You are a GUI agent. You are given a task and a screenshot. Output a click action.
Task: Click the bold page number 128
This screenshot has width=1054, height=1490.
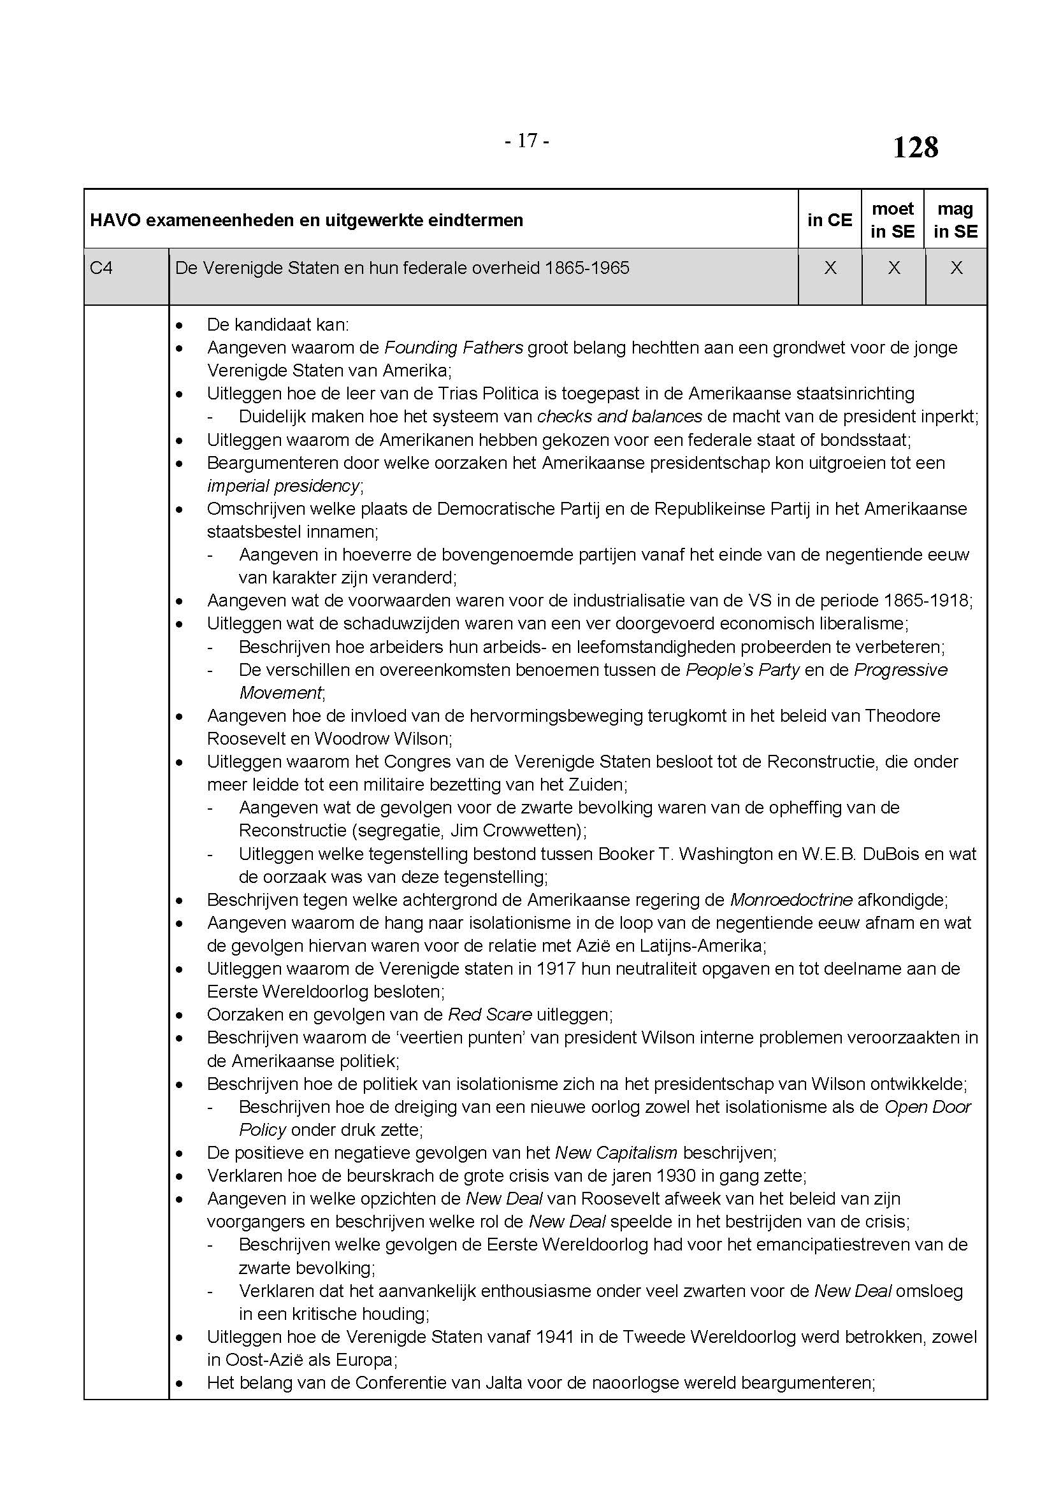click(x=915, y=148)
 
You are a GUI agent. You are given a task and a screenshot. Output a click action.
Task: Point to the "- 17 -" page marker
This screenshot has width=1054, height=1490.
click(x=527, y=141)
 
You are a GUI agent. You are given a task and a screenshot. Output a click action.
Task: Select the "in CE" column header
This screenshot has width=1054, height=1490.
click(x=830, y=220)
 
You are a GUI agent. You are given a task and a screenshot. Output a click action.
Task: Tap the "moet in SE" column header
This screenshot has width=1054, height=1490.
click(x=893, y=220)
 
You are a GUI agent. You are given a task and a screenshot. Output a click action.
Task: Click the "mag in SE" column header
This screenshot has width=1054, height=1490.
click(x=955, y=220)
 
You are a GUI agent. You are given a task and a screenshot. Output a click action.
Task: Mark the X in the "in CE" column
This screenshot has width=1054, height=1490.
click(x=830, y=268)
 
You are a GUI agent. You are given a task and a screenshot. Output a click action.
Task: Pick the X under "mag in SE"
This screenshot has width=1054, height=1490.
click(x=956, y=268)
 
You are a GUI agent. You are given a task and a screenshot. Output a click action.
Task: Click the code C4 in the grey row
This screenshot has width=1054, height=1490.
click(x=101, y=268)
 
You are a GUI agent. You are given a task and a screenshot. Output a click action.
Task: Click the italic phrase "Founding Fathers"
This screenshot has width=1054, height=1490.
click(x=454, y=348)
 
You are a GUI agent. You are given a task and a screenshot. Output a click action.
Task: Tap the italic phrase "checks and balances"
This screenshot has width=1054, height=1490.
click(x=620, y=417)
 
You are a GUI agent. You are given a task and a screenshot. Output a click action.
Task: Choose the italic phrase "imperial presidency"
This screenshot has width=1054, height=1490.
click(x=284, y=485)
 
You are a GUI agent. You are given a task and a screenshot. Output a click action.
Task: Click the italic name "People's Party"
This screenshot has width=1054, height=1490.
click(x=742, y=670)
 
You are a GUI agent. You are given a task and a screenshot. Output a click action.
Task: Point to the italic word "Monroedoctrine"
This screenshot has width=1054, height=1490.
click(x=791, y=900)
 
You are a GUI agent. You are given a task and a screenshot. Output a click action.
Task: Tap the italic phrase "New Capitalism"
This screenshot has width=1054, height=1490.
click(x=616, y=1152)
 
